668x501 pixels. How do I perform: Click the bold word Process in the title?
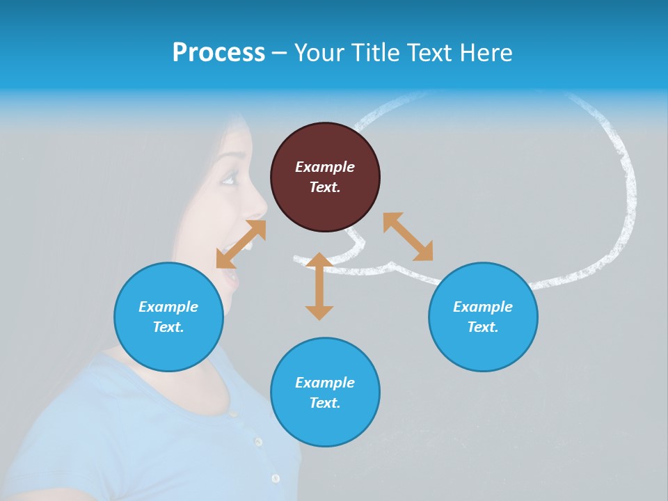tap(218, 53)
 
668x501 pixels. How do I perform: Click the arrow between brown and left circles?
tap(241, 244)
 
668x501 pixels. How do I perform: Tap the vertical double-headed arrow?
tap(319, 286)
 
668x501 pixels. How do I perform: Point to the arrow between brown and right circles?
tap(408, 237)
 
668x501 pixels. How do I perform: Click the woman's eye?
tap(228, 180)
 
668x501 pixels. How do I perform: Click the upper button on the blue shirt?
tap(258, 442)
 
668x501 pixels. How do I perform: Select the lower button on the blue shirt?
tap(276, 479)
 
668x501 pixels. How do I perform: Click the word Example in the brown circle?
tap(325, 167)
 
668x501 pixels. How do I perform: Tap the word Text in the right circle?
tap(482, 327)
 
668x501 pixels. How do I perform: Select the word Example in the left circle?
tap(168, 307)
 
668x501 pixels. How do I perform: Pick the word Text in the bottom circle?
tap(324, 403)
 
